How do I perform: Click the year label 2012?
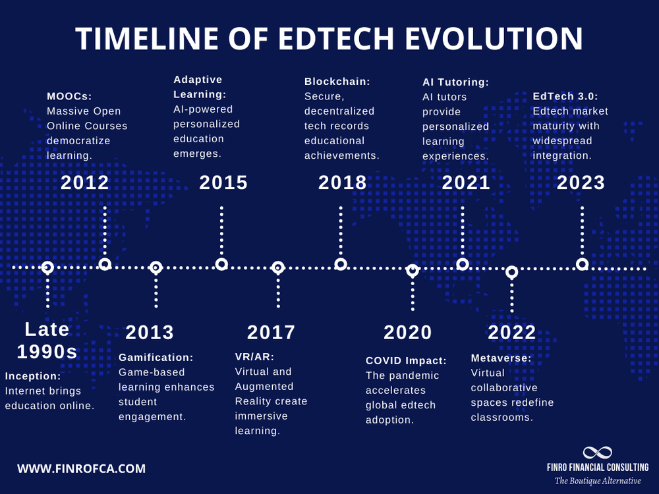click(85, 182)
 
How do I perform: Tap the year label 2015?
click(223, 182)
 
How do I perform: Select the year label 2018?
click(343, 182)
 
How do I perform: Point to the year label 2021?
click(466, 182)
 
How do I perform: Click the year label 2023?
click(581, 182)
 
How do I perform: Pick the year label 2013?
click(150, 333)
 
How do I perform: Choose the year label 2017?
click(272, 333)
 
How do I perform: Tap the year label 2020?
click(408, 333)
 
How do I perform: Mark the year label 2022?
click(512, 333)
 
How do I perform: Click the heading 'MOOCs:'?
click(69, 96)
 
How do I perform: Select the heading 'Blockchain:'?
click(337, 82)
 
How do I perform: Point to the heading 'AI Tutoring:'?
click(455, 82)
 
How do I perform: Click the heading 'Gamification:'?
click(156, 358)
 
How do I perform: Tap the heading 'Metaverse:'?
click(501, 358)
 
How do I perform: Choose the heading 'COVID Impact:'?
click(406, 361)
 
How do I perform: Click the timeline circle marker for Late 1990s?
click(47, 267)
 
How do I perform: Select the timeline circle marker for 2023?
click(582, 264)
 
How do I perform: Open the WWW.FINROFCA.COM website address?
click(81, 469)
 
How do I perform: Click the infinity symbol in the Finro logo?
click(597, 453)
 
